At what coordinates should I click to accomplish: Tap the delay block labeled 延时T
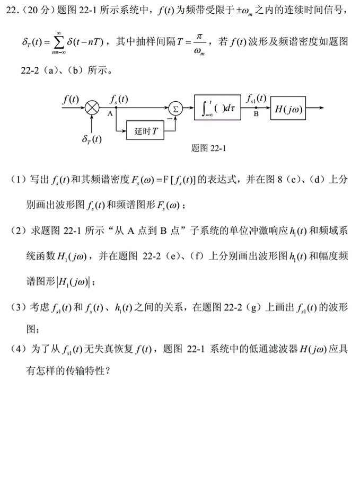[144, 130]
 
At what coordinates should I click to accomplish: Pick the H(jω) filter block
[287, 109]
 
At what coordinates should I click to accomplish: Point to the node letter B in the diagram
[256, 114]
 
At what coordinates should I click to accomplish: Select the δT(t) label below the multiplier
[92, 140]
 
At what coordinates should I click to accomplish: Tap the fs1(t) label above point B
[256, 99]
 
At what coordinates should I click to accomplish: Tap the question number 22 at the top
[9, 10]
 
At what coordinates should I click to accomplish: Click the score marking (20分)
[31, 10]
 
